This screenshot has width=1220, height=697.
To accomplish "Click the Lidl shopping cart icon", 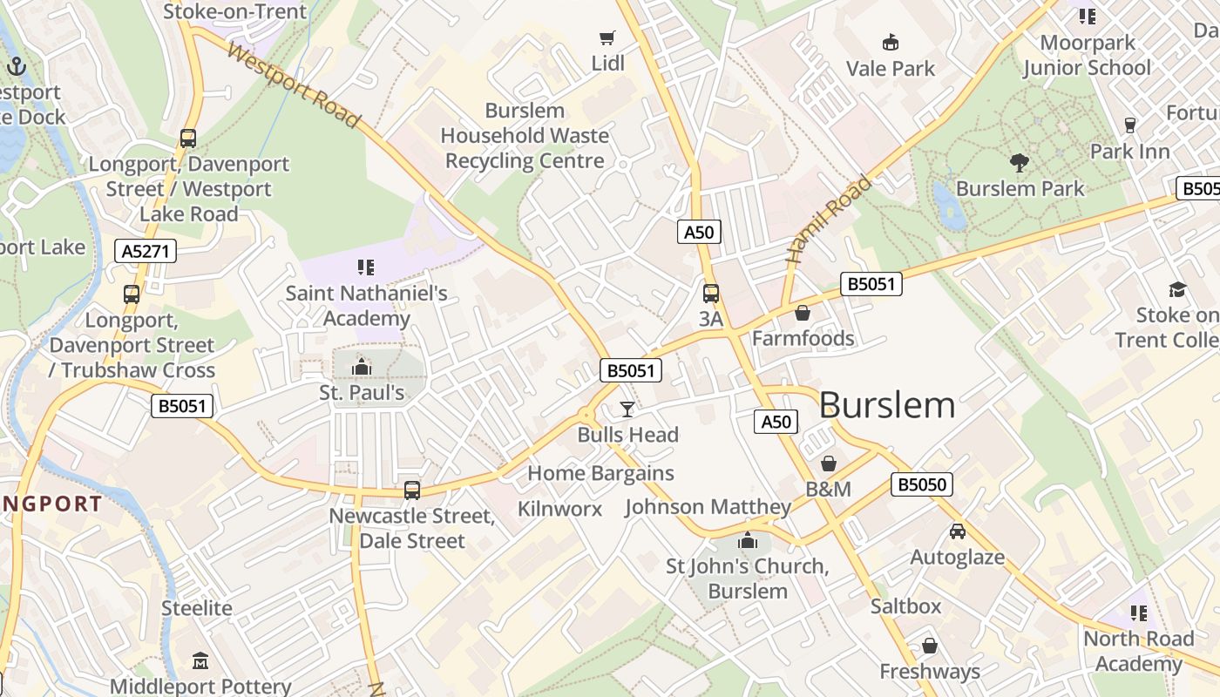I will pos(607,37).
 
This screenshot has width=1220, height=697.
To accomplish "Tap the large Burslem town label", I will pos(887,405).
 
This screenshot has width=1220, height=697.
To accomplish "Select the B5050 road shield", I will pos(921,484).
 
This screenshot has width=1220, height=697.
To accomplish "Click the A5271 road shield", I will pos(146,252).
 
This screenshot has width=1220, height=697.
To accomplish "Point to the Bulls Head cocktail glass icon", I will pos(627,409).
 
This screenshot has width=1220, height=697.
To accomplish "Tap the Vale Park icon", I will pos(890,42).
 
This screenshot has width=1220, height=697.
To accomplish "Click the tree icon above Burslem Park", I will pos(1019,162).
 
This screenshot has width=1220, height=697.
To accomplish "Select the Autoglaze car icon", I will pos(957,531).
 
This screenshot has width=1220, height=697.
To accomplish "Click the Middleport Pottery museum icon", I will pos(200,661).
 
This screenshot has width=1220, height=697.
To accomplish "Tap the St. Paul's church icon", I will pos(361,367).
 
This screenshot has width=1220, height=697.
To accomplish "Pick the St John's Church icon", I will pos(747,540).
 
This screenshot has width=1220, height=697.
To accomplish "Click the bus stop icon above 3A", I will pos(711,294).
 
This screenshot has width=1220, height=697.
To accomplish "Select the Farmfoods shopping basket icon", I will pos(803,312).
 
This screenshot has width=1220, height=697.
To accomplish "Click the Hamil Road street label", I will pos(828,220).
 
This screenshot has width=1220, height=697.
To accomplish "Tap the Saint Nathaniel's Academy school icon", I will pos(366,267).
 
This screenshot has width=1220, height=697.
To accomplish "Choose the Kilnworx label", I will pos(559,509).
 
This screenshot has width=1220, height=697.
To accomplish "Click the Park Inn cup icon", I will pos(1130,125).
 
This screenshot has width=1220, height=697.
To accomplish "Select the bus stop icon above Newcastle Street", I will pos(412,491).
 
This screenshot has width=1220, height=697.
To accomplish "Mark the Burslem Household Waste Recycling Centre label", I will pos(525,136).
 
